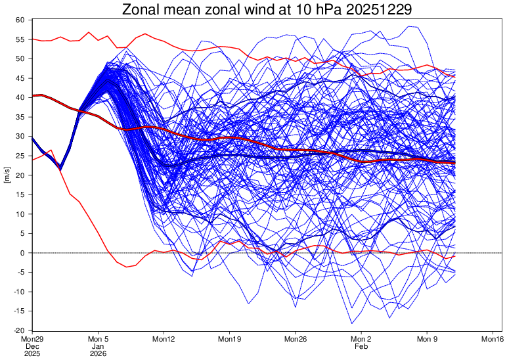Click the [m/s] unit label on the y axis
7,175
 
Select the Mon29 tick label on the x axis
32,339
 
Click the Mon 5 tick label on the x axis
98,339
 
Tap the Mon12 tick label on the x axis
164,339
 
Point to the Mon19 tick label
229,339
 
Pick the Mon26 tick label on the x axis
295,339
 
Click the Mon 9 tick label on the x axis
427,339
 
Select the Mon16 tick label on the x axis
493,339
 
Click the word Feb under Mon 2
361,346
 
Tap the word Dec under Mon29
32,346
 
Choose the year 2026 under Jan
98,353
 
